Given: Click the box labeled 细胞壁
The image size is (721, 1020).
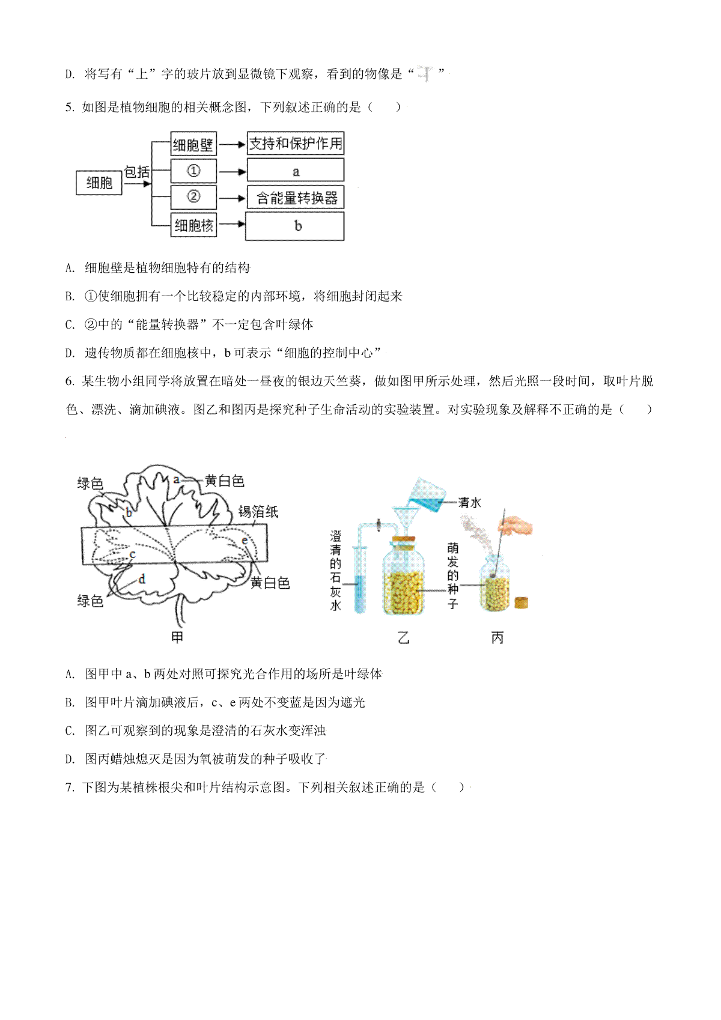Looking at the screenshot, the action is click(x=193, y=144).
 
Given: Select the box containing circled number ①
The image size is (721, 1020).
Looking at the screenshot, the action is click(x=193, y=171).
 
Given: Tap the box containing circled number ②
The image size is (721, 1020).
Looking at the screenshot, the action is click(x=193, y=196).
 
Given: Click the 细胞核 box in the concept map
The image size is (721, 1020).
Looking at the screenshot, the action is click(x=193, y=225).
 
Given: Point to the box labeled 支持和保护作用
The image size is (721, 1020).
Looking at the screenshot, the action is click(x=295, y=144).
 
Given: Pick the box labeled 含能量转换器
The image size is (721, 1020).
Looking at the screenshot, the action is click(x=295, y=197).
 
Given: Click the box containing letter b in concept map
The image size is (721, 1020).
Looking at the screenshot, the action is click(x=294, y=226).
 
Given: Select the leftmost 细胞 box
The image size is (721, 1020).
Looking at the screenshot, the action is click(x=99, y=183).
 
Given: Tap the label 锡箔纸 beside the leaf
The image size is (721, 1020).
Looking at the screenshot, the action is click(x=258, y=512).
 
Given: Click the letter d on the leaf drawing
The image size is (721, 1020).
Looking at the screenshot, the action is click(x=142, y=578).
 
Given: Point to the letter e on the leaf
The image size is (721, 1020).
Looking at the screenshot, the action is click(x=245, y=541).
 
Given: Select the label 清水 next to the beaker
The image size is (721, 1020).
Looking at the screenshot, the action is click(x=469, y=502).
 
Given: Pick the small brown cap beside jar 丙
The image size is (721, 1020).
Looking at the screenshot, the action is click(x=522, y=603).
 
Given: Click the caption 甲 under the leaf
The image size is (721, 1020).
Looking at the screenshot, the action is click(x=177, y=637).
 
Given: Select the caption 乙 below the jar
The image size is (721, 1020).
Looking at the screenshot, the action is click(x=404, y=637).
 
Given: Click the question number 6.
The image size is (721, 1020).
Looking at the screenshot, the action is click(x=70, y=381).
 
